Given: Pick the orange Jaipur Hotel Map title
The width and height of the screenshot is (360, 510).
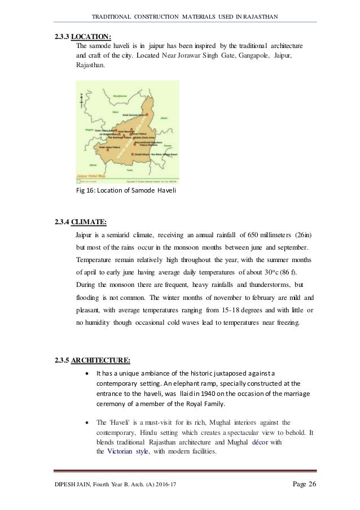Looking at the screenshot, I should click(x=91, y=176).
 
